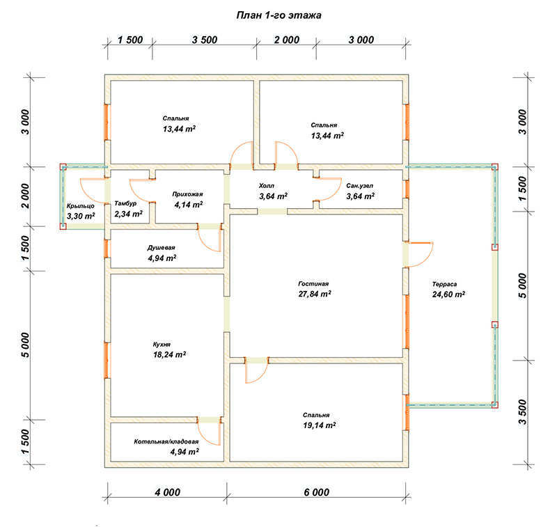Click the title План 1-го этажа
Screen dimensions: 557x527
pos(279,15)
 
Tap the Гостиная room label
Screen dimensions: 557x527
pos(313,284)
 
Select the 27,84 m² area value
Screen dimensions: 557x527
pos(315,294)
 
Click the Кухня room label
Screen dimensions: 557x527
pos(162,345)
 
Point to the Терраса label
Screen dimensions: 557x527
pos(444,284)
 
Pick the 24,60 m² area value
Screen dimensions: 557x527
pos(448,294)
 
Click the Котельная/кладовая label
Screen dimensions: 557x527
pos(166,442)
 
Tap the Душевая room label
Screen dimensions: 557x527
pos(162,248)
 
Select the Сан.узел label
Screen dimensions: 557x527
pos(359,186)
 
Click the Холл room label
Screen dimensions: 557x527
pos(267,186)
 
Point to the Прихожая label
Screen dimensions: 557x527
pos(187,194)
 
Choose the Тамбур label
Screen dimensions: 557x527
pos(125,203)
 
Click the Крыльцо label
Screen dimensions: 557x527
pos(81,206)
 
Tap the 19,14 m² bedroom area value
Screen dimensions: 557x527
pos(320,425)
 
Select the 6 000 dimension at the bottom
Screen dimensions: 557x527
pos(317,492)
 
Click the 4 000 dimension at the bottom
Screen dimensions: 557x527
pos(168,492)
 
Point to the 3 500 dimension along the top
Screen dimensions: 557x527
pos(205,40)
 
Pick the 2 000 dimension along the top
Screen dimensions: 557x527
pos(287,40)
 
